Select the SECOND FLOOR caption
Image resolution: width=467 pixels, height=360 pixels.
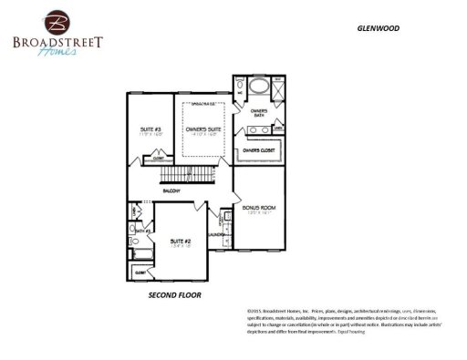(174, 296)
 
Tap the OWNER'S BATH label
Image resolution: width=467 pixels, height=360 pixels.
(258, 113)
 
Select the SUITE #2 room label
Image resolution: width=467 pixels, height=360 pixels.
(181, 241)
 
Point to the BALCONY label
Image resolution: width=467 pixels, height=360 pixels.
(171, 190)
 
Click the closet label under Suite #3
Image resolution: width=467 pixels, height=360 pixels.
(158, 158)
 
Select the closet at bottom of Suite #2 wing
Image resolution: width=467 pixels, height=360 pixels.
(141, 272)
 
